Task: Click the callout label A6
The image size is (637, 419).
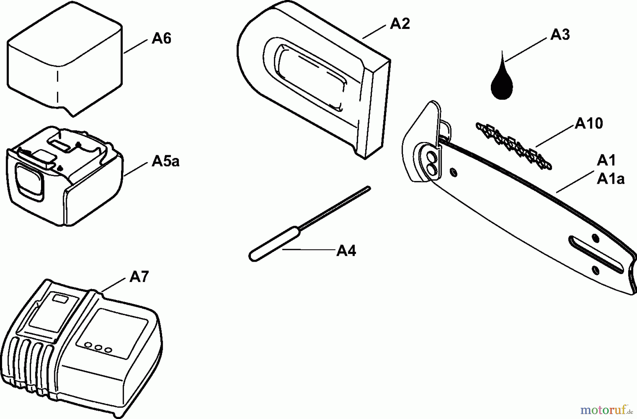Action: point(161,38)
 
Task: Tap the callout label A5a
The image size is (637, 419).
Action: point(165,162)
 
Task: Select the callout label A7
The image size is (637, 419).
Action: point(139,277)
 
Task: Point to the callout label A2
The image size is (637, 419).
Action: point(400,24)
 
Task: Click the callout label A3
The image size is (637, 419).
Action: point(560,35)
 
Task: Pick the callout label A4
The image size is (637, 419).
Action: point(346,251)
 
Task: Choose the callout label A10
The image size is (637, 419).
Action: point(589,124)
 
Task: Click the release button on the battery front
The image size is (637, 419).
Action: point(29,180)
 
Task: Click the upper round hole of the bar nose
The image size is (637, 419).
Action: point(431,156)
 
